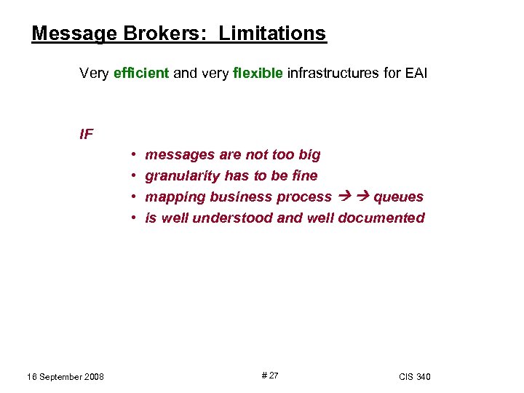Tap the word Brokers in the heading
coord(156,33)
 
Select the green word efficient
coord(142,73)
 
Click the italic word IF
coord(87,134)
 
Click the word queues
coord(398,196)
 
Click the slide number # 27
coord(269,376)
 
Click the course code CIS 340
coord(415,376)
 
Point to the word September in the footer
coord(57,376)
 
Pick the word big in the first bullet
coord(309,154)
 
